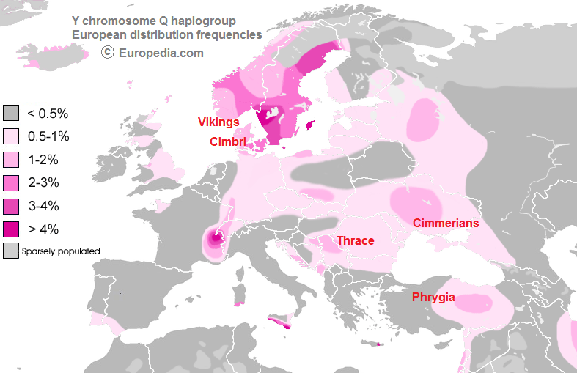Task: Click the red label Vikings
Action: [x=218, y=122]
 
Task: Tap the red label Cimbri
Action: [x=227, y=141]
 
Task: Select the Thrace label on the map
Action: [x=355, y=240]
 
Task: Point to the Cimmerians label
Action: [x=445, y=223]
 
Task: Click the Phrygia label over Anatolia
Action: [x=433, y=297]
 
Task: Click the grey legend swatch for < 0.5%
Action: [x=11, y=114]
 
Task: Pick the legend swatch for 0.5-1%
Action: [x=11, y=136]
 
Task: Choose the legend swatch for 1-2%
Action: [x=11, y=159]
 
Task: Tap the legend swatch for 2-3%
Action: [x=11, y=182]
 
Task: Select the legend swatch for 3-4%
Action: [x=11, y=205]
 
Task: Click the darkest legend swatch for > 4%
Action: [x=11, y=229]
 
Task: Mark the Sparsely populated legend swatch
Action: [x=11, y=251]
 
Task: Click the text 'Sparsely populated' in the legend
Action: [x=61, y=251]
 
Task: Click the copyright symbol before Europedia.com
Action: [x=107, y=52]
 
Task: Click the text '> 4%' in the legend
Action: [x=43, y=229]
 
